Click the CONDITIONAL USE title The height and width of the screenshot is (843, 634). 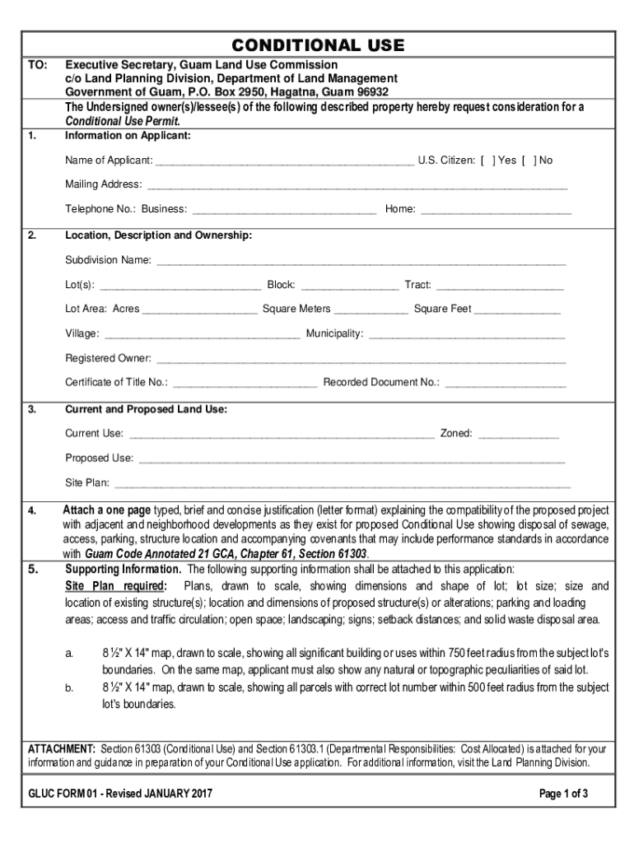(x=318, y=44)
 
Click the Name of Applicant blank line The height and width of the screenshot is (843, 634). (x=284, y=162)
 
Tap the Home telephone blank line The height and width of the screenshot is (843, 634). (x=495, y=211)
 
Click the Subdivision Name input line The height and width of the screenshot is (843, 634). (x=361, y=263)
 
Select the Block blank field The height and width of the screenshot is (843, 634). (x=350, y=286)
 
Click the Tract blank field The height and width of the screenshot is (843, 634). (x=500, y=286)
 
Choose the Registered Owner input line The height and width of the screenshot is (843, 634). (x=361, y=360)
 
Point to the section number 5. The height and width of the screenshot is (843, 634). (x=32, y=569)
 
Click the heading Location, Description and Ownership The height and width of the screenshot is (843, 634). (x=158, y=235)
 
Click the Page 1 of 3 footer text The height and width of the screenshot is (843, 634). (x=563, y=794)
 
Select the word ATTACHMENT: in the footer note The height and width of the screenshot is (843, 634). (x=62, y=749)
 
